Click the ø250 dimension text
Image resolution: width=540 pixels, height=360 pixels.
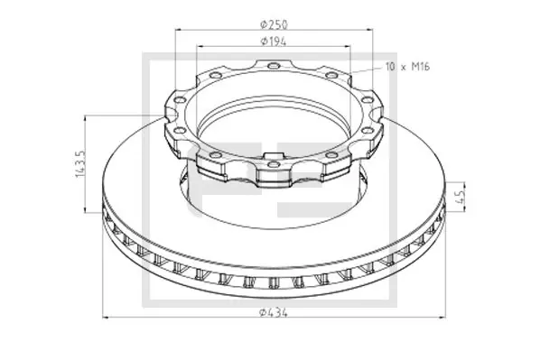click(273, 22)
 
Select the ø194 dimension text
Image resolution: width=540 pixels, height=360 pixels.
click(273, 41)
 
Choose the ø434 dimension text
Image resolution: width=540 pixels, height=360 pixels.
click(273, 311)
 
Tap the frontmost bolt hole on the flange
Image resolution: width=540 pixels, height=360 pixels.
click(273, 165)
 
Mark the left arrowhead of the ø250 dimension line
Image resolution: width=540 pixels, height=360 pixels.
click(173, 30)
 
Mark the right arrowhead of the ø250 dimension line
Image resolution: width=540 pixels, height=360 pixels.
click(372, 30)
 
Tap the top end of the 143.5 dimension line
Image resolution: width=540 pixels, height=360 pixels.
click(87, 116)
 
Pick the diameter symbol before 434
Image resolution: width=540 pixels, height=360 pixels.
click(262, 311)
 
